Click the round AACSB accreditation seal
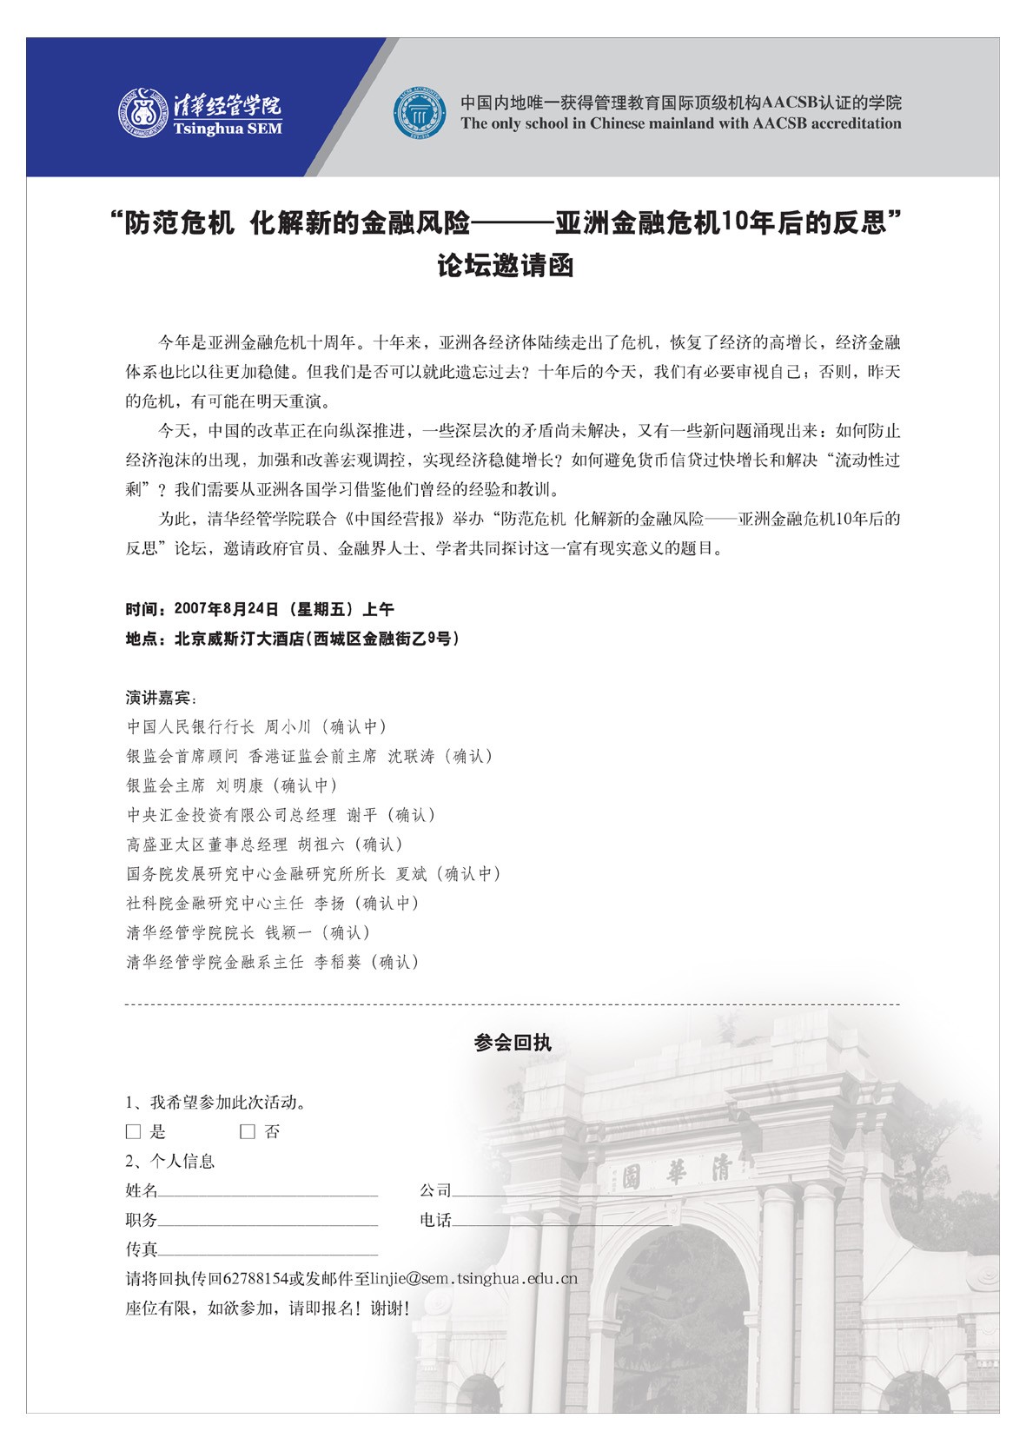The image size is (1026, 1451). coord(421,113)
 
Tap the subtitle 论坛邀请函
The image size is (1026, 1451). coord(505,265)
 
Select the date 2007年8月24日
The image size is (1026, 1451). coord(227,609)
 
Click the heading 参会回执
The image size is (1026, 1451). coord(513,1043)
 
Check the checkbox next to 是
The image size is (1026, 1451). coord(133,1132)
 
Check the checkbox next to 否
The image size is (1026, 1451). coord(248,1132)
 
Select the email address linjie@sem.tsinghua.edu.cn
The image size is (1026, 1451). coord(473,1279)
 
